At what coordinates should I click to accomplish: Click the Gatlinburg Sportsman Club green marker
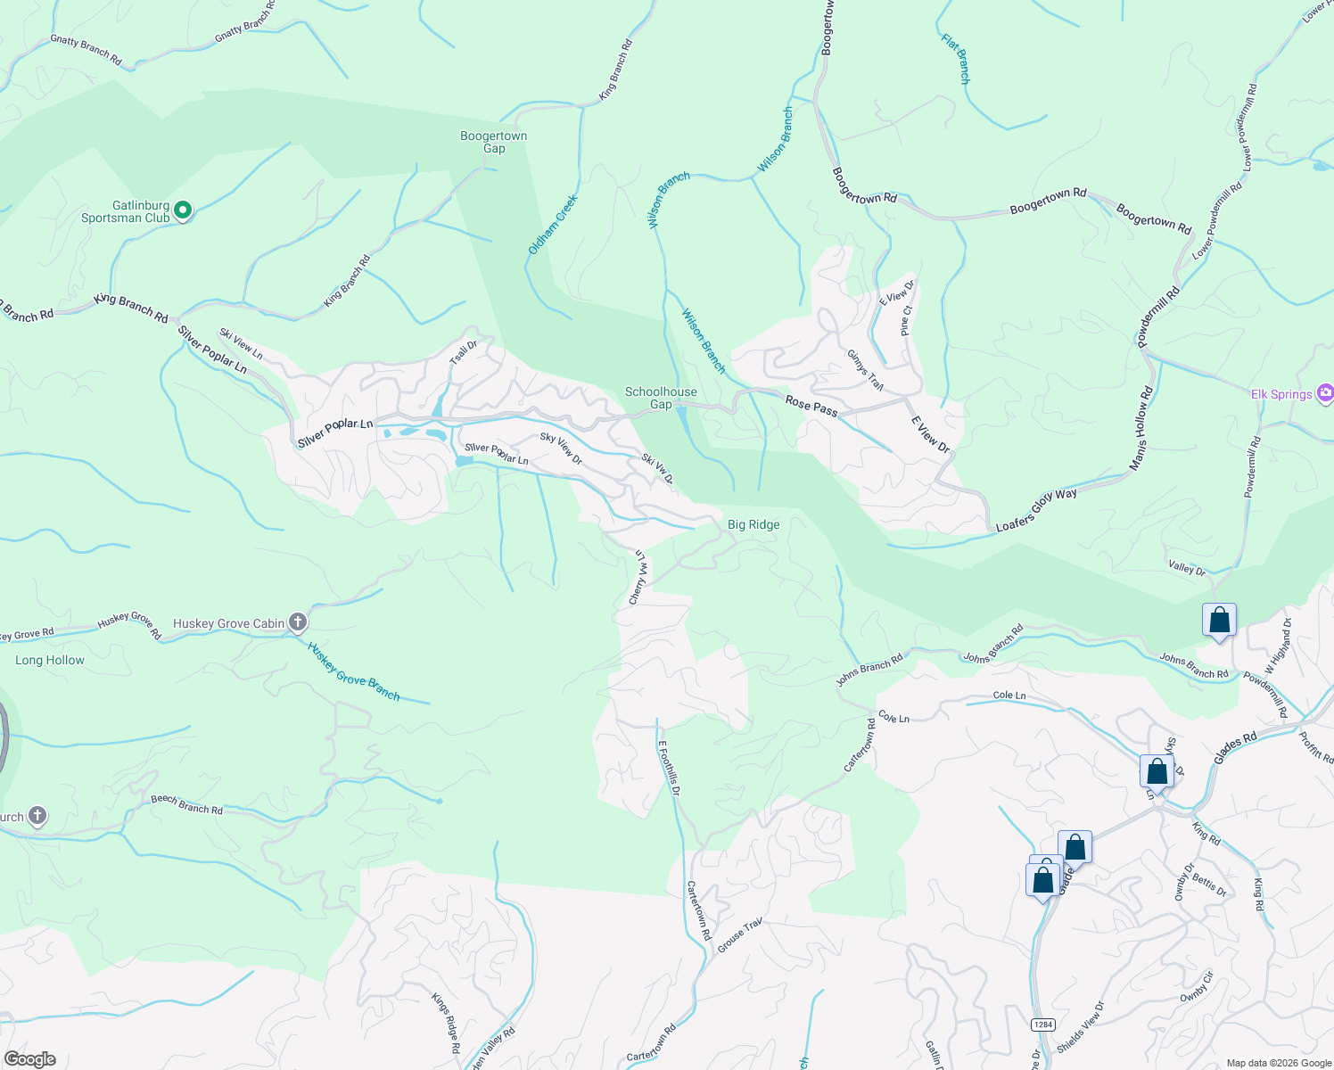point(183,210)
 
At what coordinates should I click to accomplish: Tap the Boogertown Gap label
point(493,142)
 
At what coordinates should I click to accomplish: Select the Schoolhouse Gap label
point(661,398)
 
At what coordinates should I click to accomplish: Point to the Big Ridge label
point(753,524)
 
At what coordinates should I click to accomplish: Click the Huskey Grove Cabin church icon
point(298,622)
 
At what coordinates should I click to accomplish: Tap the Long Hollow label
point(50,660)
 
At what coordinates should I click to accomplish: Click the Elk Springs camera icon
point(1325,393)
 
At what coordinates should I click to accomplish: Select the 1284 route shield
point(1042,1025)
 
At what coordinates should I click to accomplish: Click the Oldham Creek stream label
point(553,225)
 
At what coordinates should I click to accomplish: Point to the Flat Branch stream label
point(957,59)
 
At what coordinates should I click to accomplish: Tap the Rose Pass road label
point(811,406)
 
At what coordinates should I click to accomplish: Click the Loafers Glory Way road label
point(1036,511)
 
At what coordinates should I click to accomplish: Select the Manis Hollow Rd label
point(1141,428)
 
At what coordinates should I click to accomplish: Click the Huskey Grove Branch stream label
point(353,671)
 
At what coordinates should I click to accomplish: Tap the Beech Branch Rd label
point(186,804)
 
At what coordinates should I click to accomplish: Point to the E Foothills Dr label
point(670,768)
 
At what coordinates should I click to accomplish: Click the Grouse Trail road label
point(739,935)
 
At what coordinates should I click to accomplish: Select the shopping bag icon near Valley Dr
point(1219,620)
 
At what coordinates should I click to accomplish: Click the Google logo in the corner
point(29,1059)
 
